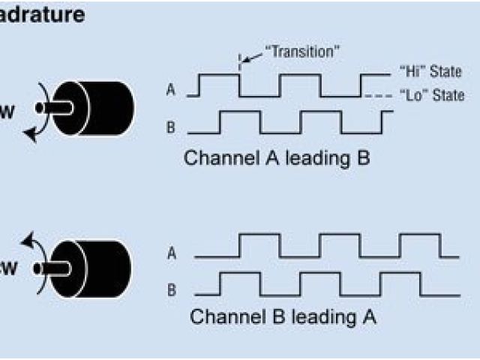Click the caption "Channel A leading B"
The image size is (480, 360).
pos(277,158)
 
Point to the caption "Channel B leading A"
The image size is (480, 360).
pos(283,316)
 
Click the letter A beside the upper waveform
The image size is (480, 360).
pos(171,91)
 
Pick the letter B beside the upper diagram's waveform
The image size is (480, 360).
pos(171,127)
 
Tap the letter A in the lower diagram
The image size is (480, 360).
pos(172,253)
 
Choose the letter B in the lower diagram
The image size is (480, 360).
pos(172,287)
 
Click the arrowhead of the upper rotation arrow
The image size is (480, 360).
pos(31,133)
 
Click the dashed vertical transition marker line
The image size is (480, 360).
pos(240,63)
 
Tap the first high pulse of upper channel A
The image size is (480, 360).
pos(219,76)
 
